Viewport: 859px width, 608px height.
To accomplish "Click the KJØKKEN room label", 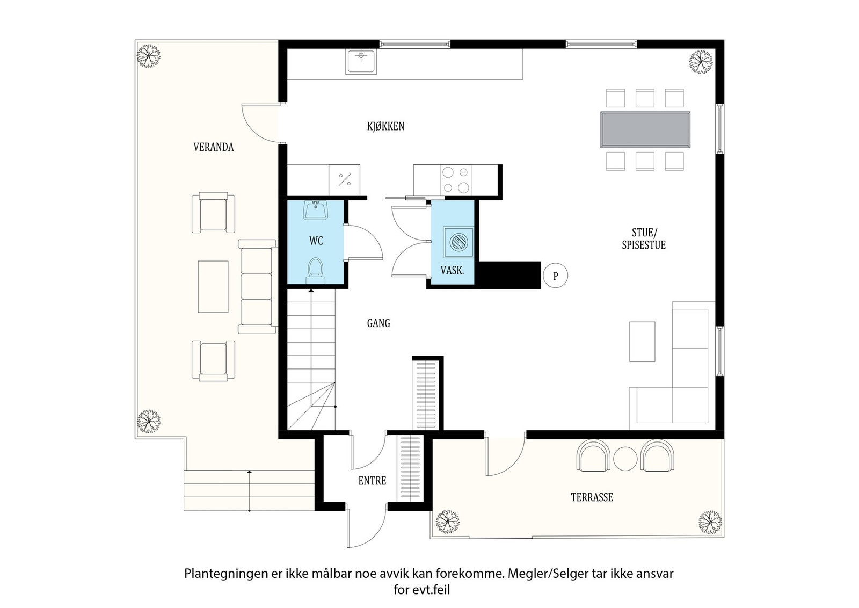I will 385,127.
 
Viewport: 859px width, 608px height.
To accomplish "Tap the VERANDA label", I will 213,147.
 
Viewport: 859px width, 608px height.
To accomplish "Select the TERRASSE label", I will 592,497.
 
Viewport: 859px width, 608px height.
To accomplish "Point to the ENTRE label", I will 372,481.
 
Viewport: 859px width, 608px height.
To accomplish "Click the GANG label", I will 378,323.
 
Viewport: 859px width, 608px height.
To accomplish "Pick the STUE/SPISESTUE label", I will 644,239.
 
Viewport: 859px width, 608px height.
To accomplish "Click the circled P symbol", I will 556,276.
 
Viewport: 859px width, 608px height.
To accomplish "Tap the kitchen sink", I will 361,61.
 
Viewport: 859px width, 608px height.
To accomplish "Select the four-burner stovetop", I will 455,180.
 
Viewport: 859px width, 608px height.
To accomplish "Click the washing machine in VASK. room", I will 458,242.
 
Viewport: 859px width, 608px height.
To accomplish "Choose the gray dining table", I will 644,129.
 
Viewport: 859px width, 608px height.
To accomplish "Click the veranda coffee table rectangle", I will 213,286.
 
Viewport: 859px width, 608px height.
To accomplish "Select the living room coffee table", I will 642,342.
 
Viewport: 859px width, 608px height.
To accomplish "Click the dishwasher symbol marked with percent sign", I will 344,179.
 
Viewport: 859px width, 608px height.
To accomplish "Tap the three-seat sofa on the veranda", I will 256,286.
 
